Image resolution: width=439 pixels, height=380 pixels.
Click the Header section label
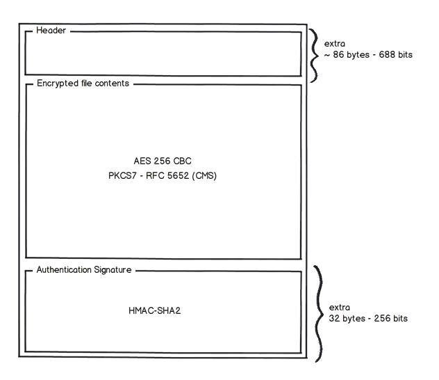51,31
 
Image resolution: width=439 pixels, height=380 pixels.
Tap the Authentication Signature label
83,269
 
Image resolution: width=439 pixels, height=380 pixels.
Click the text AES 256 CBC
163,161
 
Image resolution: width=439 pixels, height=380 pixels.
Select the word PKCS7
117,175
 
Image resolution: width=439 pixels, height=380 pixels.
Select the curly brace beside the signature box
318,313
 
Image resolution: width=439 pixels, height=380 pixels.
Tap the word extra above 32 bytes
340,307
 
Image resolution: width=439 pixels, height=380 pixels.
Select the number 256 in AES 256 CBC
163,161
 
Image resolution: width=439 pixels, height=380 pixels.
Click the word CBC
183,161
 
